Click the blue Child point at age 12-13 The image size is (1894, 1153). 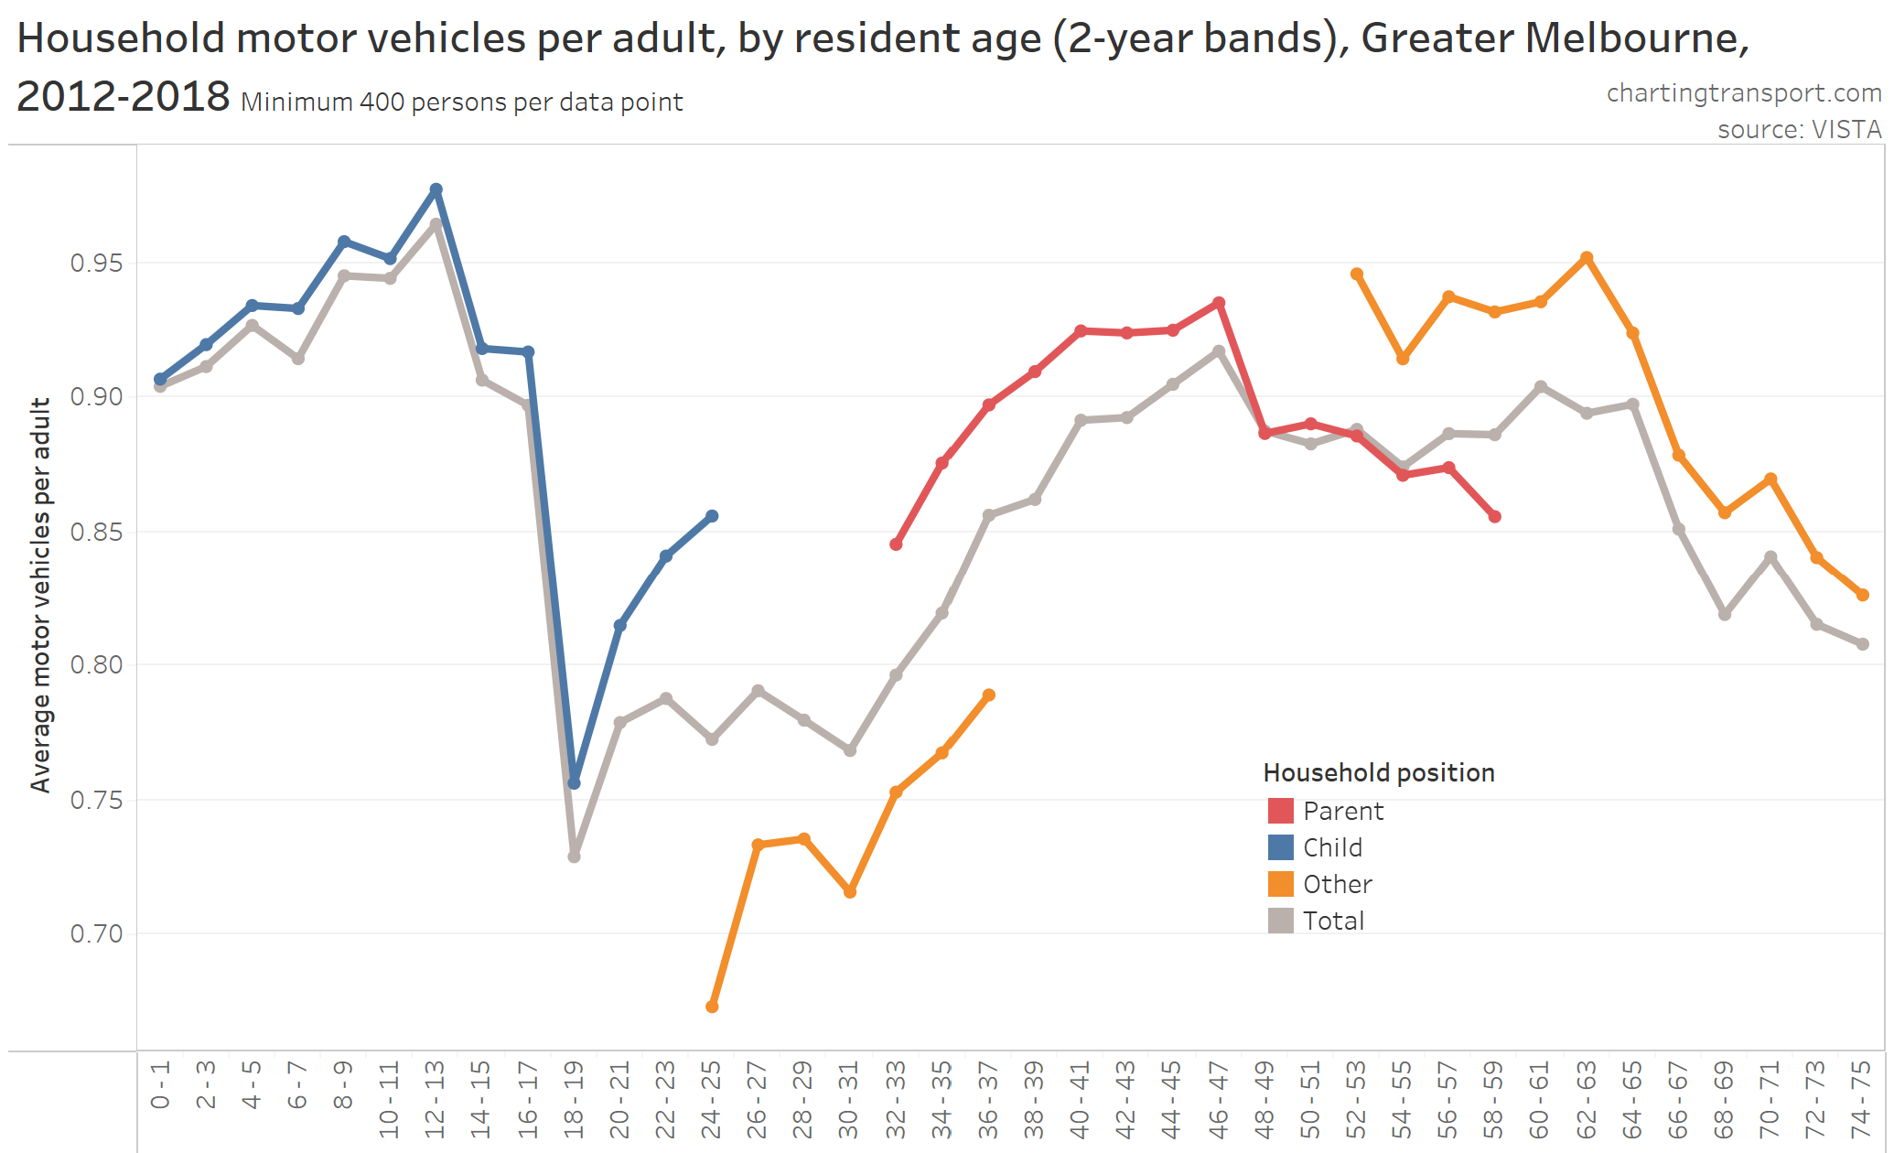[436, 190]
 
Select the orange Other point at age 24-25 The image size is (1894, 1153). [712, 1007]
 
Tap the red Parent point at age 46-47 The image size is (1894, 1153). [1219, 303]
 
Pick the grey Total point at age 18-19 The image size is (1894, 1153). [575, 857]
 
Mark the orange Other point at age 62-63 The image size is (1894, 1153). [1587, 258]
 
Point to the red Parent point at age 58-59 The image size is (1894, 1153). [1494, 517]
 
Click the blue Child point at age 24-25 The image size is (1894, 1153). [712, 516]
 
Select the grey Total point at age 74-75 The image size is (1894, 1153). [1862, 644]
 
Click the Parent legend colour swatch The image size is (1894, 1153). [1280, 811]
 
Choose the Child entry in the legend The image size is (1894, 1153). [1332, 847]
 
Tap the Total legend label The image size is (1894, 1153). [1333, 921]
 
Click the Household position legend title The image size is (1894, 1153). [1378, 773]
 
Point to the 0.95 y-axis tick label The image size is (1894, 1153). [96, 264]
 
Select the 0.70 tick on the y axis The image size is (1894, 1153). [96, 933]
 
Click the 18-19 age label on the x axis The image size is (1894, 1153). [574, 1098]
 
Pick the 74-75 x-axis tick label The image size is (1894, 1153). [1861, 1098]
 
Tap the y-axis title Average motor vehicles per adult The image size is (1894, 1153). [40, 595]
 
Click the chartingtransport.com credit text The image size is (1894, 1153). [1743, 93]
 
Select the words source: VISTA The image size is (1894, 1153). [1799, 130]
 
